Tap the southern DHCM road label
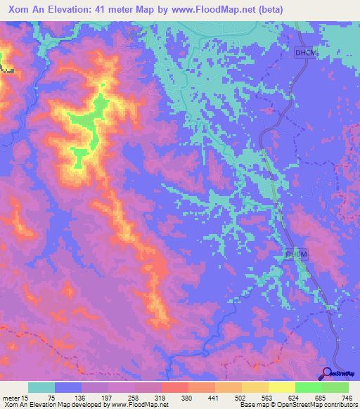[x=297, y=254]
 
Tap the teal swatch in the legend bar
[x=41, y=387]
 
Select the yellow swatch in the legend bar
[x=281, y=387]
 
